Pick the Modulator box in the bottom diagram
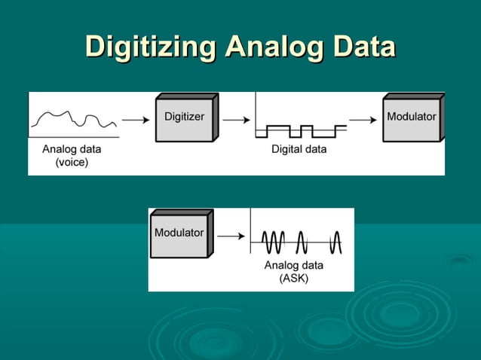179,236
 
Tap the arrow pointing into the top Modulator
363,119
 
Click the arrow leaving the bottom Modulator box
230,236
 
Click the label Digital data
299,149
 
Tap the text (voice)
72,162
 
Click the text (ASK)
293,278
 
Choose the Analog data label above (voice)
72,149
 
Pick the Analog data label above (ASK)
293,265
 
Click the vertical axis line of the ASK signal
250,235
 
